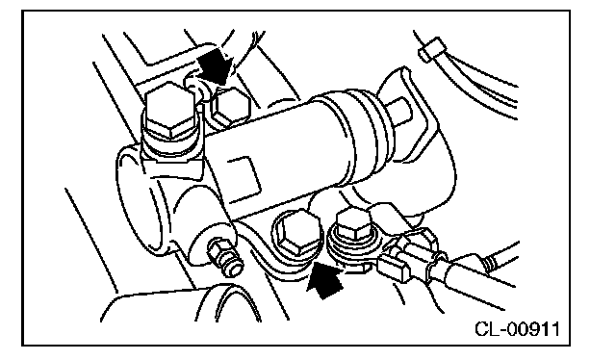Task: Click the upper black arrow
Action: (x=216, y=65)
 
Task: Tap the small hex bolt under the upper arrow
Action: (x=230, y=106)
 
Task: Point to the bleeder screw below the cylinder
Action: (x=225, y=259)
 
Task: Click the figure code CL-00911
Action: (x=517, y=329)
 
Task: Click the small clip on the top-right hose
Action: (x=432, y=49)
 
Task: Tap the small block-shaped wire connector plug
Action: (x=394, y=268)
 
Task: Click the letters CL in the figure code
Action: (x=487, y=329)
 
